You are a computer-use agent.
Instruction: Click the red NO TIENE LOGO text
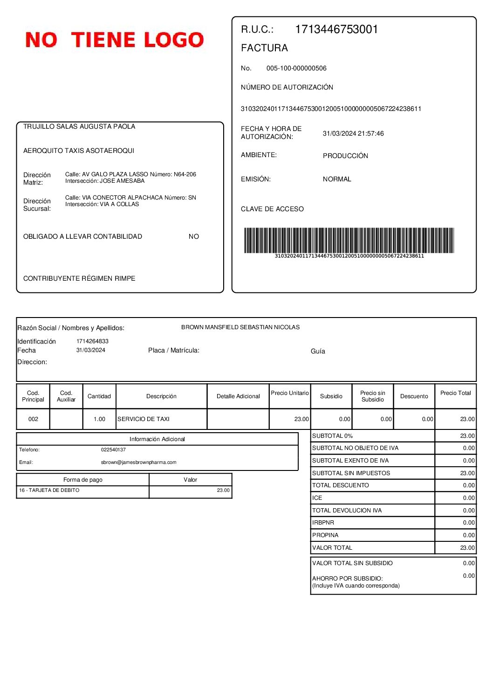(x=115, y=40)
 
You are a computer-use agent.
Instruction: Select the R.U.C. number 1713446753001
(x=336, y=29)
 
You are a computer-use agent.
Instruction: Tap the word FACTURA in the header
(x=264, y=48)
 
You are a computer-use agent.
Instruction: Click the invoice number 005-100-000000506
(x=296, y=68)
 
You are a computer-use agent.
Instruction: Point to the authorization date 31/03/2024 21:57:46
(x=353, y=133)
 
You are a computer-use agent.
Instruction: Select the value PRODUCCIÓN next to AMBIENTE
(x=345, y=156)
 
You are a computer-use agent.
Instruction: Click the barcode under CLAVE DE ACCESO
(x=349, y=240)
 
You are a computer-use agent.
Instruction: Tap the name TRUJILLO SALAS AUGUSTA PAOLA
(x=79, y=126)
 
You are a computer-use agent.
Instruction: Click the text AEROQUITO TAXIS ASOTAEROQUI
(x=79, y=151)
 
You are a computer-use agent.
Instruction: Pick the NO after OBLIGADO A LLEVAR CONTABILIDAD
(x=194, y=236)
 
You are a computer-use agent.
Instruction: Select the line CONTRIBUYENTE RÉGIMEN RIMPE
(x=79, y=278)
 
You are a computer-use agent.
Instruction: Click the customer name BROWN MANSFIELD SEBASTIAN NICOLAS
(x=240, y=327)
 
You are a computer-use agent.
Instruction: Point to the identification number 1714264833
(x=92, y=341)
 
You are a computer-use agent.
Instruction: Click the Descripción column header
(x=161, y=396)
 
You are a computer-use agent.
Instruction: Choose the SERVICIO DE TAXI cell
(x=144, y=419)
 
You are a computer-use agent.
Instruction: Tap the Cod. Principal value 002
(x=33, y=419)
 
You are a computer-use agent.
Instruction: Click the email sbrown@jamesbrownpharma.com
(x=138, y=463)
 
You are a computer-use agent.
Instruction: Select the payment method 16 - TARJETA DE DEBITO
(x=49, y=491)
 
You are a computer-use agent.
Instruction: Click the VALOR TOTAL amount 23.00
(x=467, y=548)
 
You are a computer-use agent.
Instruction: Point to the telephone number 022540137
(x=113, y=450)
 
